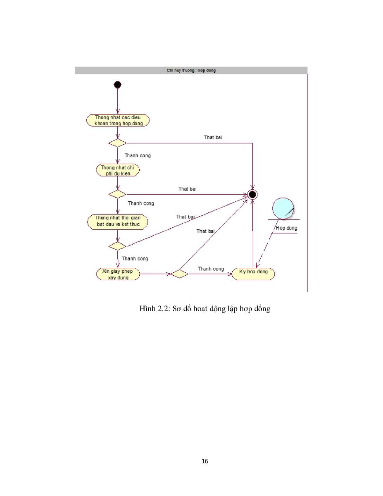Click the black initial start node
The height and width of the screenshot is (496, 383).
pos(117,85)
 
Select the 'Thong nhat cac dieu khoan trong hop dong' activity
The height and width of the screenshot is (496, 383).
pos(118,120)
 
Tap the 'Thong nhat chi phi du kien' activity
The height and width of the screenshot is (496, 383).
pos(117,170)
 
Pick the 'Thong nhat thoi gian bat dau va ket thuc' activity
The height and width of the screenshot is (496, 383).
pos(117,221)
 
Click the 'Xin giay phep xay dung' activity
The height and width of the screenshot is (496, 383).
pos(118,274)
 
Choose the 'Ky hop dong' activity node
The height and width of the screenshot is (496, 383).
pos(253,274)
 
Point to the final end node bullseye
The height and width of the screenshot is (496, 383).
pos(252,195)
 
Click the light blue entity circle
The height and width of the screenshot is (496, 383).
pos(283,209)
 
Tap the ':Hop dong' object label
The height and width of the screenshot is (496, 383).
pos(285,228)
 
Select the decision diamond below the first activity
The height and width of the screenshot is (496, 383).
pos(117,143)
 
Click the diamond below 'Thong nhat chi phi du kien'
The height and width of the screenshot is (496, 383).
pos(117,195)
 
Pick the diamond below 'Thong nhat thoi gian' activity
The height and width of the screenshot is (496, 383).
pos(117,246)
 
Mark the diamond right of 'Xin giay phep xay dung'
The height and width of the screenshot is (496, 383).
pos(180,274)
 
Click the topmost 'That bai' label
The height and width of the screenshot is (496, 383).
pos(213,137)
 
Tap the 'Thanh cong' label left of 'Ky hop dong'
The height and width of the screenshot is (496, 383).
pos(211,269)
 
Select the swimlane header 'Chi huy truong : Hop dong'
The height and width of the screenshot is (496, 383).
pos(191,71)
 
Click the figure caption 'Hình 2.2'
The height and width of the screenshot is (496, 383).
pos(155,309)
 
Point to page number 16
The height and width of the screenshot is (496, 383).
pos(205,461)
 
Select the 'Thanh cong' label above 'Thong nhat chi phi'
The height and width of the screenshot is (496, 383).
pos(138,156)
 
